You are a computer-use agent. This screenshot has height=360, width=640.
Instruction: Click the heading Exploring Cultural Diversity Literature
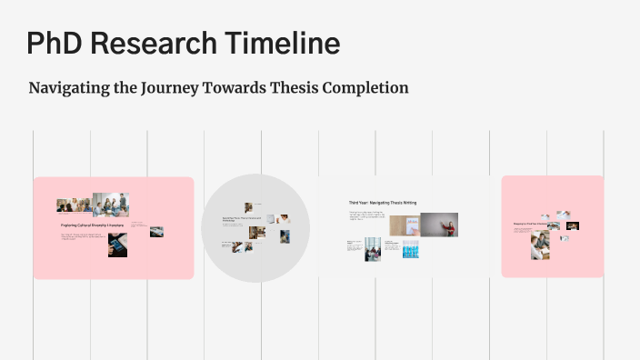click(91, 225)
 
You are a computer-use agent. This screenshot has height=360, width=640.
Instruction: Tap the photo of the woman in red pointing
click(439, 225)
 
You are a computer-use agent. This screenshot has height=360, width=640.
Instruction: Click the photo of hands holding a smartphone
click(117, 245)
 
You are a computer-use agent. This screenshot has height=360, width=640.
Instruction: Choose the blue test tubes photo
click(411, 248)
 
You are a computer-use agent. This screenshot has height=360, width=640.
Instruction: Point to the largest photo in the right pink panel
click(540, 245)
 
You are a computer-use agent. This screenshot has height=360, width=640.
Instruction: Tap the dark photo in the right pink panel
click(573, 225)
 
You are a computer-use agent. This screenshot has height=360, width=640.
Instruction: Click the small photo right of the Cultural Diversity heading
click(156, 232)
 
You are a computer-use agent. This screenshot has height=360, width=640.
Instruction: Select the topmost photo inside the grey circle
click(247, 207)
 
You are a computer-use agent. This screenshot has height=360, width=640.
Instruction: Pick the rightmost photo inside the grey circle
click(285, 236)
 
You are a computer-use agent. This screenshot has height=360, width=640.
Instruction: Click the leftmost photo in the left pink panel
click(65, 205)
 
